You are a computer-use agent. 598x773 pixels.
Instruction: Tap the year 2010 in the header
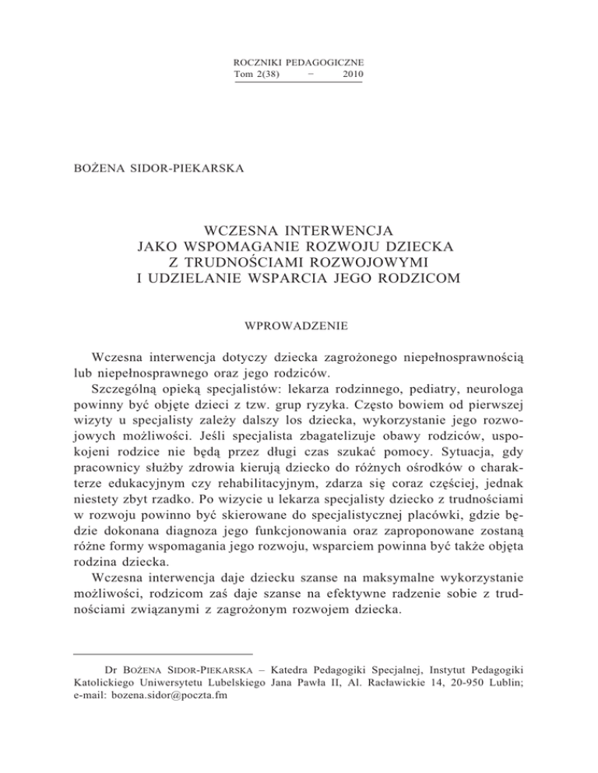[352, 74]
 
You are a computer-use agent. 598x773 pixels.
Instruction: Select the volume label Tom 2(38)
[256, 74]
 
